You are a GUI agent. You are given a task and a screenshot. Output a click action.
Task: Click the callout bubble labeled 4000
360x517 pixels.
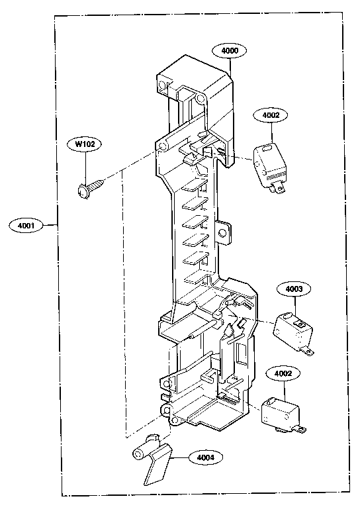click(x=230, y=50)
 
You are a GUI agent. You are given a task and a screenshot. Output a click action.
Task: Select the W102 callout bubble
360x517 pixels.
click(x=84, y=144)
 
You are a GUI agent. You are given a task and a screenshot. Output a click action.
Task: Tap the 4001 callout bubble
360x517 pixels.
click(x=26, y=226)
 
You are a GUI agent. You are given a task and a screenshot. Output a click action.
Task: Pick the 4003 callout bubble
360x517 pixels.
click(x=293, y=289)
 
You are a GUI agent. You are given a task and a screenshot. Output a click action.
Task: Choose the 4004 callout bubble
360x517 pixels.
click(x=205, y=457)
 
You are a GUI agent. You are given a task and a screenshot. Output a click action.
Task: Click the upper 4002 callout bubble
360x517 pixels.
click(x=271, y=115)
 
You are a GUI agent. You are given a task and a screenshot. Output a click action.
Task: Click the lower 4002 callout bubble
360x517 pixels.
click(x=283, y=373)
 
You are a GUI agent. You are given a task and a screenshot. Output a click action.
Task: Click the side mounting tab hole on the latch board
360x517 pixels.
click(x=222, y=233)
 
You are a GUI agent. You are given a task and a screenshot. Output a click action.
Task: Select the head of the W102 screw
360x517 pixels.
click(x=82, y=192)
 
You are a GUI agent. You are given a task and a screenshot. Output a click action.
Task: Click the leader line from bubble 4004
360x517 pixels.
click(x=180, y=457)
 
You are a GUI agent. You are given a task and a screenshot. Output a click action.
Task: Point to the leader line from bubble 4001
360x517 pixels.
click(x=51, y=225)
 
